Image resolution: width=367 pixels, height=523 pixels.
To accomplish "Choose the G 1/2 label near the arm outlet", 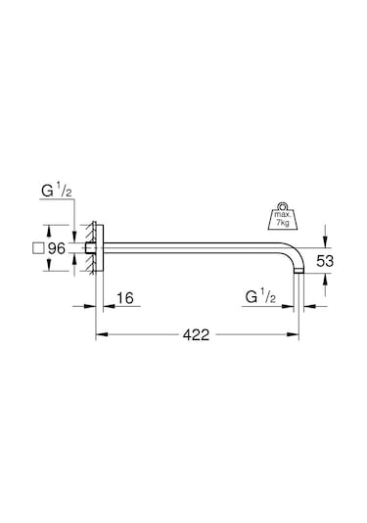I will pos(259,294).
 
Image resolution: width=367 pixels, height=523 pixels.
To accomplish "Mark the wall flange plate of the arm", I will pos(98,250).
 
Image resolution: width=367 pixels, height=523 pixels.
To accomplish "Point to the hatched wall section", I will pos(90,250).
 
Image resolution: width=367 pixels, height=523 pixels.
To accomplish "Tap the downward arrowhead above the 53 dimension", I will pos(324,244).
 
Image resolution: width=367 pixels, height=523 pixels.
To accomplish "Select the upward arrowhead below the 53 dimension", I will pos(324,279).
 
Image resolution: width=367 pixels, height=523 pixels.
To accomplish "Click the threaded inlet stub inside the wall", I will pos(87,250).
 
